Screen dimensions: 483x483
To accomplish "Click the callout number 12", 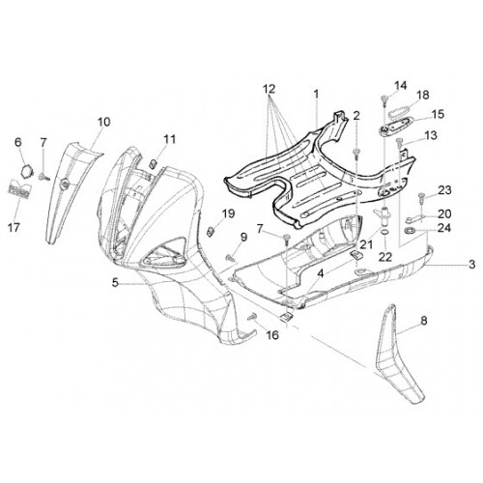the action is (270, 89).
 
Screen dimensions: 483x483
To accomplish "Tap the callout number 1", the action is (316, 95).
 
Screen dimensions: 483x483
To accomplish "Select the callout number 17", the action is (14, 228).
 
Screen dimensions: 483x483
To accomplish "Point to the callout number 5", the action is (115, 283).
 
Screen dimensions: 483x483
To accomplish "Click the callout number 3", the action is (471, 265).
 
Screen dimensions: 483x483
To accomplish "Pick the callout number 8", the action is (424, 321).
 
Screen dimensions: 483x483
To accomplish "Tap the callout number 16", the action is (272, 335).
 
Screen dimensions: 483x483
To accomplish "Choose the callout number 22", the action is (385, 257).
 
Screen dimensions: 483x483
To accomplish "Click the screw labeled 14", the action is (384, 99).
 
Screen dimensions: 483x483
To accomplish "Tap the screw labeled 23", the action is (421, 197).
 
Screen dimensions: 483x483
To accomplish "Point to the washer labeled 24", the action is (410, 231).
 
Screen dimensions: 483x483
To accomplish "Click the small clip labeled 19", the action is (211, 231).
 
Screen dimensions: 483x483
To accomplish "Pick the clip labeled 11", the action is (154, 163).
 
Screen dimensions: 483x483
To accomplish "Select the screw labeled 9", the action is (231, 257).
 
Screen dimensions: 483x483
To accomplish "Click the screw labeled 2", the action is (356, 154).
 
